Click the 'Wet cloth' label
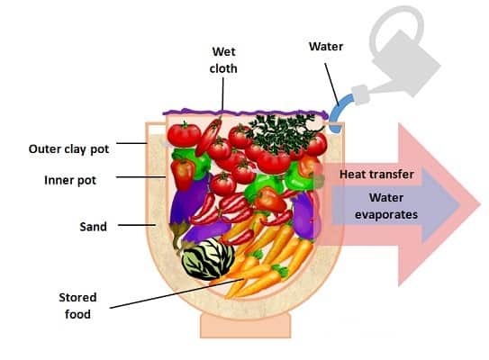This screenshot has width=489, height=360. click(223, 60)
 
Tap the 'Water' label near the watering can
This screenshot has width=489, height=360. click(326, 47)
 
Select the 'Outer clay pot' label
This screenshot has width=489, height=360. click(69, 149)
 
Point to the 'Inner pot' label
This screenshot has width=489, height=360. click(70, 180)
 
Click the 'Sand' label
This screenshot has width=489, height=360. click(93, 226)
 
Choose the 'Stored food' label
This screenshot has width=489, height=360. click(77, 305)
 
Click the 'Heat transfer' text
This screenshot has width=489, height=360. click(376, 174)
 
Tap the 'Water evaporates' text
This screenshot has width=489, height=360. click(386, 206)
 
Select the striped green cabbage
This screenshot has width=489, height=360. click(207, 258)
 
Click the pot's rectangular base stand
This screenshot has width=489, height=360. click(246, 326)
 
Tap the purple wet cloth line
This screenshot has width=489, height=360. click(246, 112)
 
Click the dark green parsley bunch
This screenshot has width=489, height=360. click(282, 132)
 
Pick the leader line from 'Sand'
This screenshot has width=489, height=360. click(137, 225)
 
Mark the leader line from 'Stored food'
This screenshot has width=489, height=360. click(177, 293)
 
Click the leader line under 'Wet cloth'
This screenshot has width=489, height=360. click(222, 94)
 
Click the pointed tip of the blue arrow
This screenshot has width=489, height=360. click(460, 205)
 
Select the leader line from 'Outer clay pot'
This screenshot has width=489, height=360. click(131, 143)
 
